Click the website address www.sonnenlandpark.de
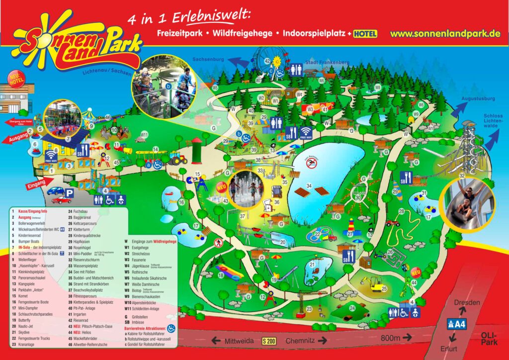tap(444, 34)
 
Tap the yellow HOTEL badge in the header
tap(365, 34)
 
